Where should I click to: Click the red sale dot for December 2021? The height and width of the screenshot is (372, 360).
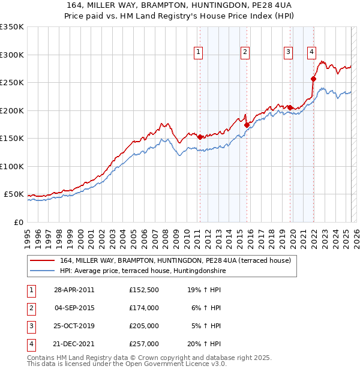[313, 79]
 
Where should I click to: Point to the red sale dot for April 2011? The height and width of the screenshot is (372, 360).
[200, 137]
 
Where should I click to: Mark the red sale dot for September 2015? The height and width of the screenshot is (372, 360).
[247, 125]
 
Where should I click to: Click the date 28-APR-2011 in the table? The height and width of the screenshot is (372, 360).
[74, 290]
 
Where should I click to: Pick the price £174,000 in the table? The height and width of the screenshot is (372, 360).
[144, 308]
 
